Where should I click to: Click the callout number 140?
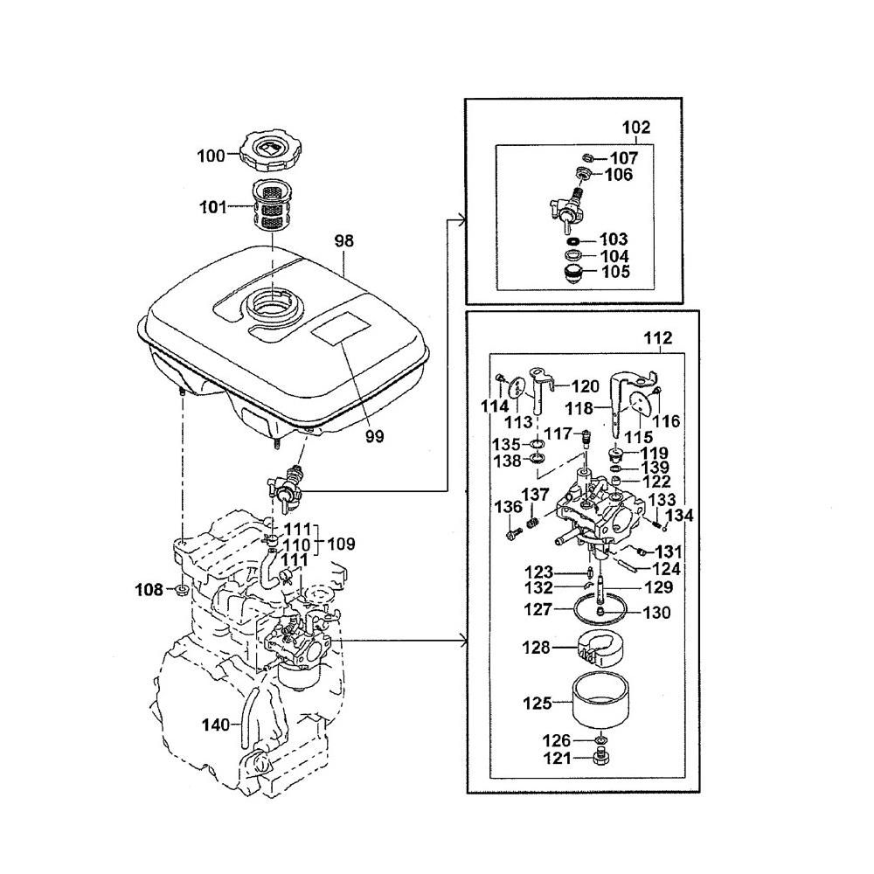click(216, 724)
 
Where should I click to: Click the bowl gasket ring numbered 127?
click(603, 606)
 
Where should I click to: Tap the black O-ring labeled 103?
click(572, 239)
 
